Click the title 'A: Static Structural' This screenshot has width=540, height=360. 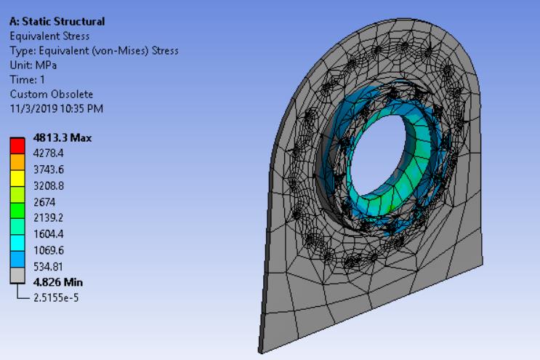point(57,22)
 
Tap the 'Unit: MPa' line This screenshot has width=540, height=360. point(32,65)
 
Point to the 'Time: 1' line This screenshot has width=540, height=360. point(28,80)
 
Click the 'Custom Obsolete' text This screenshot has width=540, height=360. point(51,95)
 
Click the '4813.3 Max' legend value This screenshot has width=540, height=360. point(62,138)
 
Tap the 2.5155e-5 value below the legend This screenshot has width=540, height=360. point(55,296)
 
